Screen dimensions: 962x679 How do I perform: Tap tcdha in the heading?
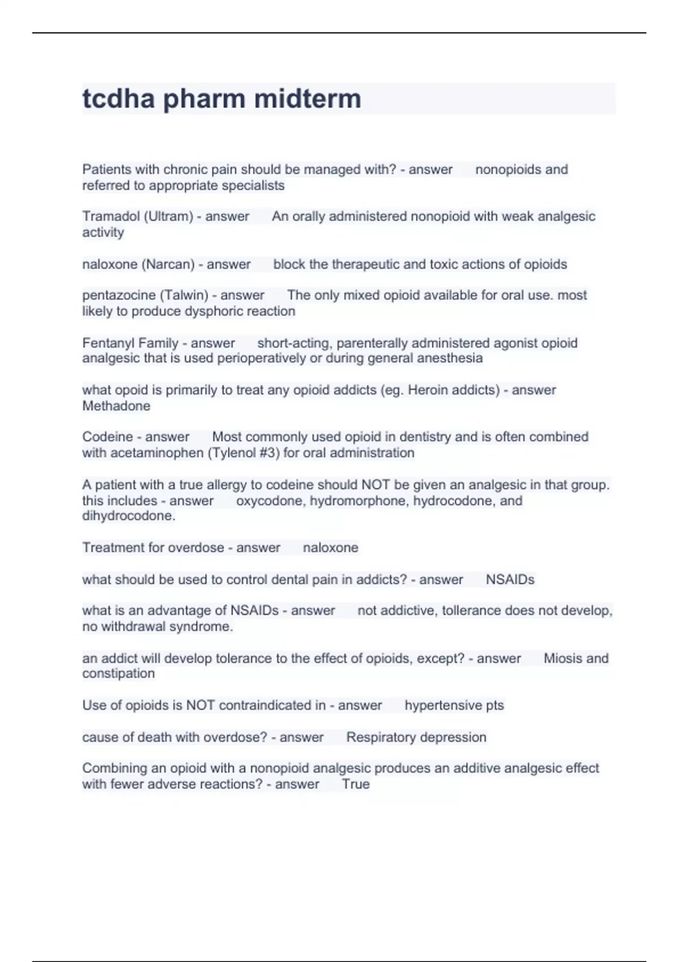[x=118, y=98]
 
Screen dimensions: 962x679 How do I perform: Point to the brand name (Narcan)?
[x=168, y=264]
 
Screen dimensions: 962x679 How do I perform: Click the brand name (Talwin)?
[x=184, y=295]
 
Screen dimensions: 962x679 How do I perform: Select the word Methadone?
[x=116, y=406]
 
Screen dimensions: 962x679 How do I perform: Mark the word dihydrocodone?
[x=128, y=516]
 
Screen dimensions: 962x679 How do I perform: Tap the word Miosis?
[x=562, y=659]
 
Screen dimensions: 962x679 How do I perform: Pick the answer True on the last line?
[x=355, y=784]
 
